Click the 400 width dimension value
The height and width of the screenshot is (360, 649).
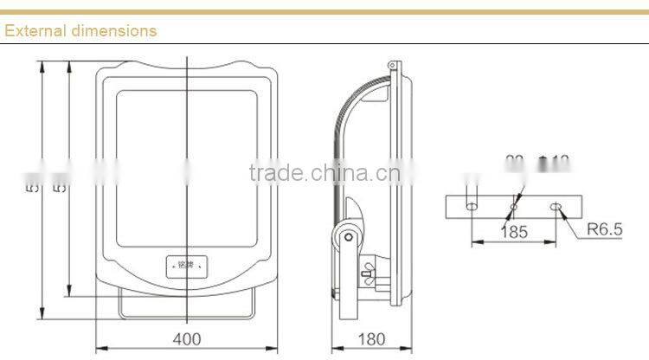(x=189, y=337)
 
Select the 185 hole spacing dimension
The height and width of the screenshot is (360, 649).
(x=514, y=231)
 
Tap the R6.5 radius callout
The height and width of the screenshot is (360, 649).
(x=605, y=230)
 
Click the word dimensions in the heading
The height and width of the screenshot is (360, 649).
(x=112, y=30)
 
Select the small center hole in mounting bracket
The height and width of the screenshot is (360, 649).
(x=513, y=207)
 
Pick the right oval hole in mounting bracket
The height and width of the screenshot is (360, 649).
(x=556, y=207)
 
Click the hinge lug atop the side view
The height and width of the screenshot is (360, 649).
(x=394, y=66)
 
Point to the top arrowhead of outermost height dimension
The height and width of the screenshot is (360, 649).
(x=42, y=63)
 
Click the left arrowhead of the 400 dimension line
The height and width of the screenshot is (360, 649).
(x=98, y=349)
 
